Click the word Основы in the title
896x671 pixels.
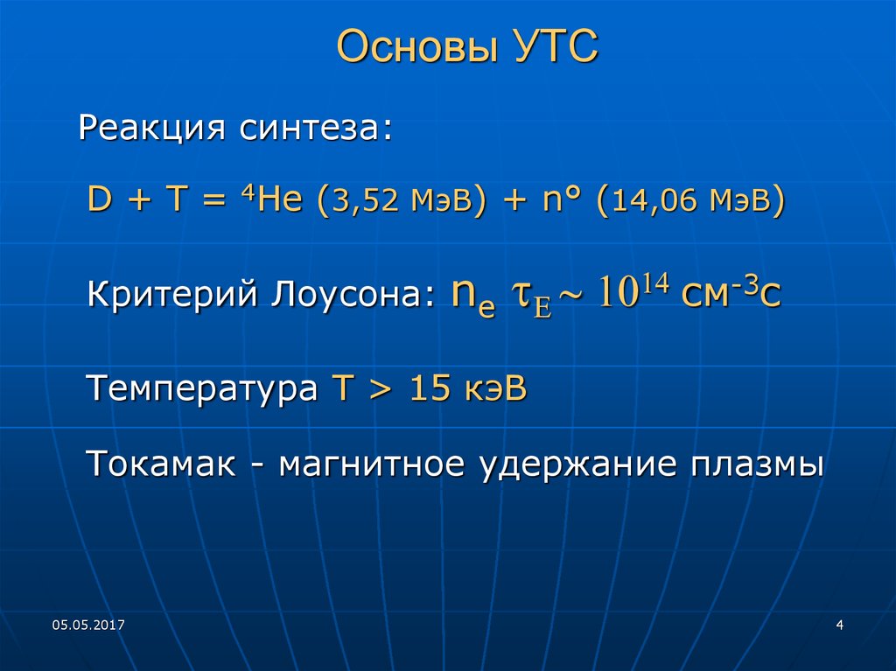(411, 48)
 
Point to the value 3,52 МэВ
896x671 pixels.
(403, 203)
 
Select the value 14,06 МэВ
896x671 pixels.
(690, 203)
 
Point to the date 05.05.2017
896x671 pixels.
(88, 625)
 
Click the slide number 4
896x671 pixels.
(840, 625)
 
